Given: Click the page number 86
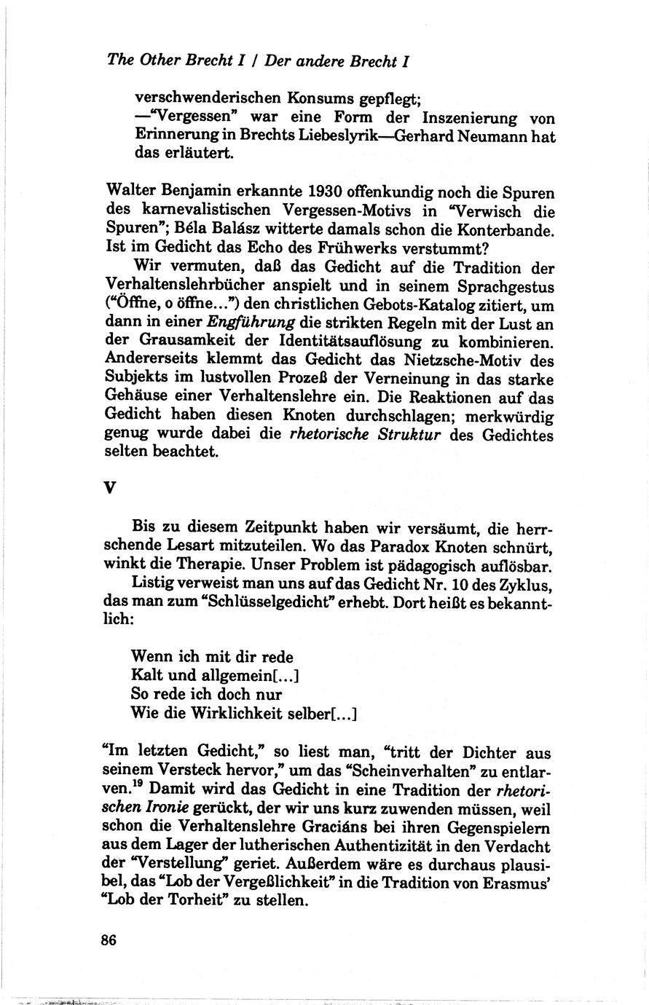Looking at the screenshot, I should (109, 939).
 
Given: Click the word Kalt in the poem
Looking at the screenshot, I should (146, 676).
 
